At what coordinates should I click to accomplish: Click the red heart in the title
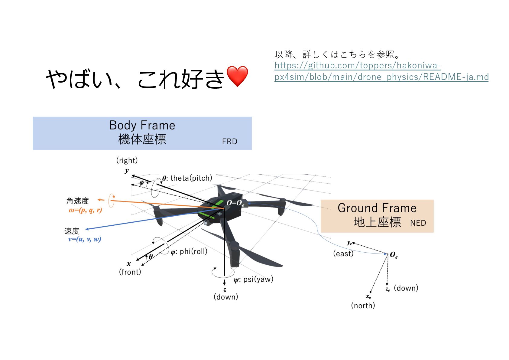(x=237, y=76)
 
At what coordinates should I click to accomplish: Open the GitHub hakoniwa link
(x=381, y=71)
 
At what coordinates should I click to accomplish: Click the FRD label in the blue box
(x=229, y=142)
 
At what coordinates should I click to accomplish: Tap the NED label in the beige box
(x=418, y=223)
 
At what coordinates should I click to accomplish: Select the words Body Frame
(x=142, y=125)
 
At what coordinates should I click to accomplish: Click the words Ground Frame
(x=377, y=208)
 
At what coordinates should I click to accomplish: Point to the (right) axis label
(x=127, y=160)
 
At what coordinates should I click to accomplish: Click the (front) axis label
(x=130, y=272)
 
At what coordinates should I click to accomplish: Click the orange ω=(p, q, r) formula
(x=85, y=210)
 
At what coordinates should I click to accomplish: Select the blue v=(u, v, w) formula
(x=85, y=239)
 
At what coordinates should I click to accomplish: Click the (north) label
(x=363, y=306)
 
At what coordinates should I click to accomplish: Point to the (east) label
(x=343, y=254)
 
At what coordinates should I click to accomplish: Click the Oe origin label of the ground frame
(x=394, y=255)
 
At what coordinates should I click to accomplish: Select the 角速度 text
(x=77, y=201)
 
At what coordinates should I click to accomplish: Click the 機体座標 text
(x=142, y=139)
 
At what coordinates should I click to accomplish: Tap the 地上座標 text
(x=377, y=222)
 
